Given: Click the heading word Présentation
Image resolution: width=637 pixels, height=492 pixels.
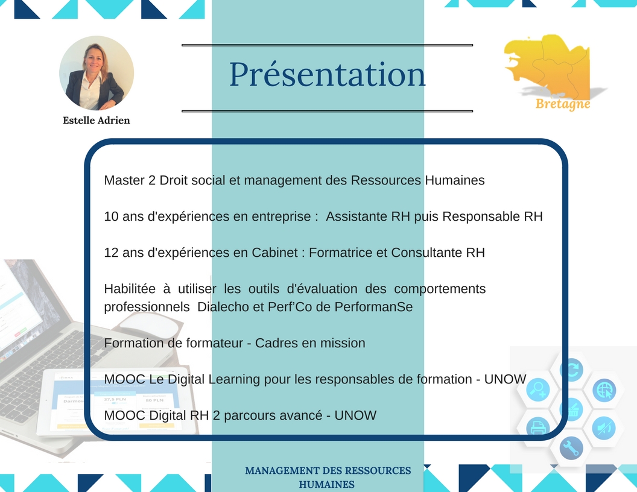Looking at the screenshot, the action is tap(328, 74).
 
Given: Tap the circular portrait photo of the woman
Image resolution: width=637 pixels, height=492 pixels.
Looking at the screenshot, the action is tap(97, 73).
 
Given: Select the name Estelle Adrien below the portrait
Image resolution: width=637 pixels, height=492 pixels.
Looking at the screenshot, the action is tap(97, 120).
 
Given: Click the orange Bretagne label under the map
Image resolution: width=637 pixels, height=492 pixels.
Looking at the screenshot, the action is tap(563, 104).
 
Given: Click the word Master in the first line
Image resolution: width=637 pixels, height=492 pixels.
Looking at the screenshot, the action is tap(124, 180).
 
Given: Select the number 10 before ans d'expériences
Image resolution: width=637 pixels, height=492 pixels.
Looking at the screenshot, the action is tap(111, 216).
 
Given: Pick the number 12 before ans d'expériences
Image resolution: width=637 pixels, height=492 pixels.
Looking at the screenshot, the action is tap(111, 253).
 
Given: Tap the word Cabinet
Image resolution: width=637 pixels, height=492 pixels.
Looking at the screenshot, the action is tap(275, 253).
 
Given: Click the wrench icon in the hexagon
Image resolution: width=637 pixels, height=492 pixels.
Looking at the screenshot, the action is tap(571, 448).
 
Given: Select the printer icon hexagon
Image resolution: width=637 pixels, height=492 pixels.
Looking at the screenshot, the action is tap(538, 427).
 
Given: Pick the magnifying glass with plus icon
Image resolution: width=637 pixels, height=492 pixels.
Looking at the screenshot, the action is tap(538, 389).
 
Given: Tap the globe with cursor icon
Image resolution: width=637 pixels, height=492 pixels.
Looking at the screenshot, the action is tap(604, 390).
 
